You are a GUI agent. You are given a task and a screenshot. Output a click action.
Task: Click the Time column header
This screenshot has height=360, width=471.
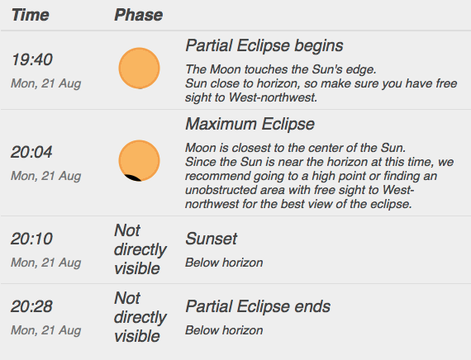click(30, 15)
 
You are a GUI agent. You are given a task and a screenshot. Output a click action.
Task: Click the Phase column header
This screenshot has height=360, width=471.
click(139, 15)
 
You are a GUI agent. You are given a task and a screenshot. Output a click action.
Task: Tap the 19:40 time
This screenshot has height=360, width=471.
click(32, 59)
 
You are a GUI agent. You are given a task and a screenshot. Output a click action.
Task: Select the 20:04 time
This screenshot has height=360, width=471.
click(31, 152)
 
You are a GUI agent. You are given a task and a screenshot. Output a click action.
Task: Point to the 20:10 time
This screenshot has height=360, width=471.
click(32, 239)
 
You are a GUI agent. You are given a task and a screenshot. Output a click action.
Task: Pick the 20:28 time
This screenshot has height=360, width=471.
click(32, 306)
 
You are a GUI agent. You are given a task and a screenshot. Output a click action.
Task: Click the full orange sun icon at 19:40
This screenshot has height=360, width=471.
click(139, 69)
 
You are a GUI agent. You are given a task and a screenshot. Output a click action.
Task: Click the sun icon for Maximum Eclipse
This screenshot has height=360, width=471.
click(139, 161)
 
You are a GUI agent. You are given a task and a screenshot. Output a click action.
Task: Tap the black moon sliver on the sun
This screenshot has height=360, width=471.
click(132, 178)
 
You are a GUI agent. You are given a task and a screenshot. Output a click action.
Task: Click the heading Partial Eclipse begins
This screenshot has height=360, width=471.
click(264, 45)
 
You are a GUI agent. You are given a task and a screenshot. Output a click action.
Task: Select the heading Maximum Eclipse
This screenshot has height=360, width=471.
click(250, 124)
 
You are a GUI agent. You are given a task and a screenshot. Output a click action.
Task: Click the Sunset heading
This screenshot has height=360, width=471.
click(212, 239)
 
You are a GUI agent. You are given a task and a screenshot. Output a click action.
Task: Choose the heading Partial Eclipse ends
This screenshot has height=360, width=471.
click(258, 306)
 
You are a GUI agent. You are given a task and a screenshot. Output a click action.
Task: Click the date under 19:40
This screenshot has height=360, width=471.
click(46, 83)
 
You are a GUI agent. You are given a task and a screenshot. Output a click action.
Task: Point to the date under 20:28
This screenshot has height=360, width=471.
click(46, 330)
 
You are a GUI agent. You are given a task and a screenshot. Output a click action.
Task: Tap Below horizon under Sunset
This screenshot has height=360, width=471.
click(224, 263)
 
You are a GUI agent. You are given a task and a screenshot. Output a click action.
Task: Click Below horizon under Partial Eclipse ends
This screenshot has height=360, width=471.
click(224, 330)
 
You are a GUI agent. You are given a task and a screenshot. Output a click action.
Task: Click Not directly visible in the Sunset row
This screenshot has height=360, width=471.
click(140, 249)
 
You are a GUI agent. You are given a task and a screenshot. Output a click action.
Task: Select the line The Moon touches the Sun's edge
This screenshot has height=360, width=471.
click(281, 69)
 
